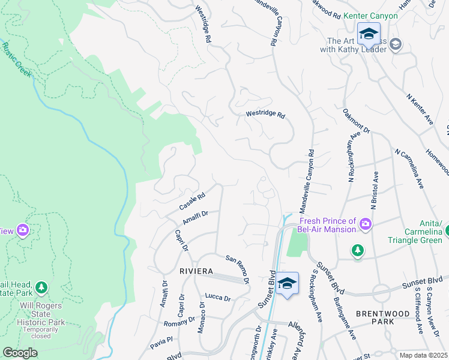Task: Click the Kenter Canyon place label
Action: click(371, 15)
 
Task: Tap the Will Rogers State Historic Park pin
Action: click(41, 288)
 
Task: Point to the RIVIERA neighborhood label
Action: click(196, 271)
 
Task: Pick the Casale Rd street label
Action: click(192, 201)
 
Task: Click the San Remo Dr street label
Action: click(237, 268)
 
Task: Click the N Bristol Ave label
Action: click(375, 190)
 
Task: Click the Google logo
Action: click(20, 353)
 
